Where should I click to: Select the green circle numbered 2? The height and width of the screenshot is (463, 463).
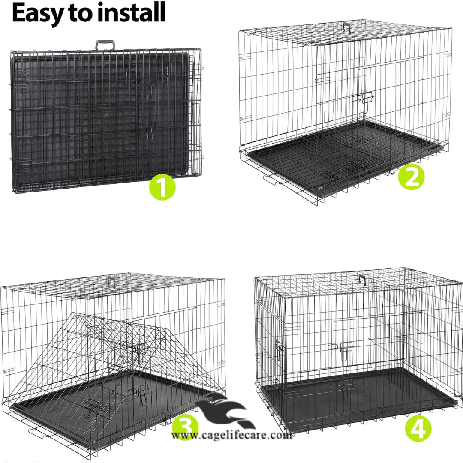click(x=411, y=177)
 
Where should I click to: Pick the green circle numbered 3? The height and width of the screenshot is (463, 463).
click(x=185, y=427)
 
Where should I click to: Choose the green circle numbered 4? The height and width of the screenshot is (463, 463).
click(x=418, y=427)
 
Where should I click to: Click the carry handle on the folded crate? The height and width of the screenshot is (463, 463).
click(x=105, y=45)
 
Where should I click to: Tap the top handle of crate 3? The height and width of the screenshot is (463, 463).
click(x=112, y=281)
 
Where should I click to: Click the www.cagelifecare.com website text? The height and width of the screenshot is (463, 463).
click(x=231, y=436)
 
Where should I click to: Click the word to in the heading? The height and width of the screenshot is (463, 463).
click(x=80, y=13)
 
